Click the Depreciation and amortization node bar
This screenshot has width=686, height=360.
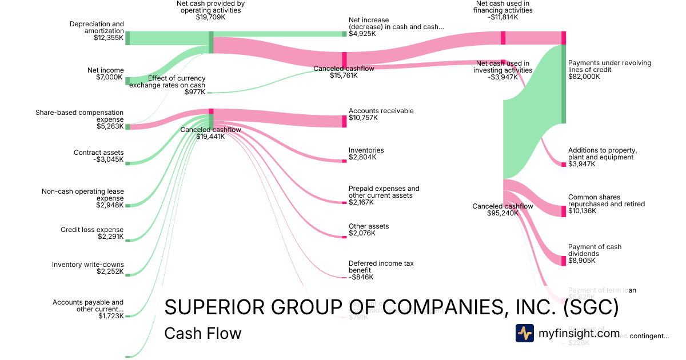[127, 38]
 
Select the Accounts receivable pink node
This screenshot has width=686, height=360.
[344, 121]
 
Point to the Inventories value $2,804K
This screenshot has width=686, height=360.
[362, 157]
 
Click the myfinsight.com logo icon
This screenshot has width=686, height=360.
[525, 333]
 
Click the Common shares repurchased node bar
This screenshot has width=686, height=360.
[563, 209]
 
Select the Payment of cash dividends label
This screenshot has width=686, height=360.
[595, 250]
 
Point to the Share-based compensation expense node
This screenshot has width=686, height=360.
[127, 127]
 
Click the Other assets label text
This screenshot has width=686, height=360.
[369, 226]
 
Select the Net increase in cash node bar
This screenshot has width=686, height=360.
[344, 34]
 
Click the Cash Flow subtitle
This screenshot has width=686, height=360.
[202, 333]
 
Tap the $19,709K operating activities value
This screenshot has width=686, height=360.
[211, 17]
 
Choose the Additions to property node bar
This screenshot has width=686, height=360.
[563, 165]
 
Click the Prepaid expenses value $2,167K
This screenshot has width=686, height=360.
[362, 202]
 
